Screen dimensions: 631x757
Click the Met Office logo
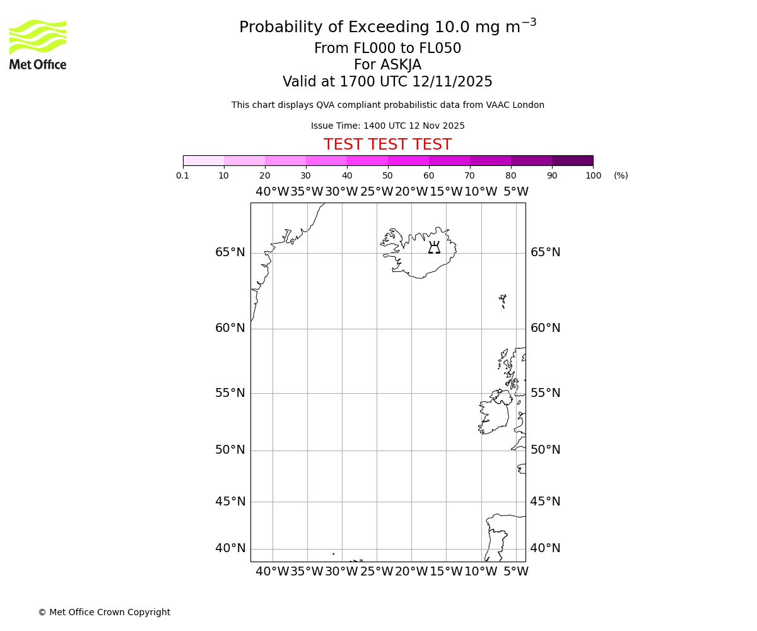coord(38,44)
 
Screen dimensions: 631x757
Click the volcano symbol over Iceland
coord(434,247)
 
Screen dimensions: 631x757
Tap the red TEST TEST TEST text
coord(387,144)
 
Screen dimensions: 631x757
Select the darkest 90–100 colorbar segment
coord(572,160)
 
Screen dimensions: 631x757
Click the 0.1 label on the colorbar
coord(183,175)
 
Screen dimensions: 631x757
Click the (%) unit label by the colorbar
coord(621,175)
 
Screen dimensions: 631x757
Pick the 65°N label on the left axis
coord(230,252)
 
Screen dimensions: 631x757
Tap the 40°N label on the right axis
coord(545,548)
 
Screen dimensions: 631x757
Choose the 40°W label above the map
coord(273,192)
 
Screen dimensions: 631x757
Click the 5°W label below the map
coord(516,572)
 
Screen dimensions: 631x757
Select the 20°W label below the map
coord(411,572)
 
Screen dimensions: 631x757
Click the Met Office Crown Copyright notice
coord(104,612)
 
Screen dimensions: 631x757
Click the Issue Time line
coord(387,126)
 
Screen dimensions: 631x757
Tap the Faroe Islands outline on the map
coord(503,300)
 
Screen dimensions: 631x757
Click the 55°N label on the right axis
coord(545,393)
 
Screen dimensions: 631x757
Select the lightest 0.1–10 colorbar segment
coord(203,160)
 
